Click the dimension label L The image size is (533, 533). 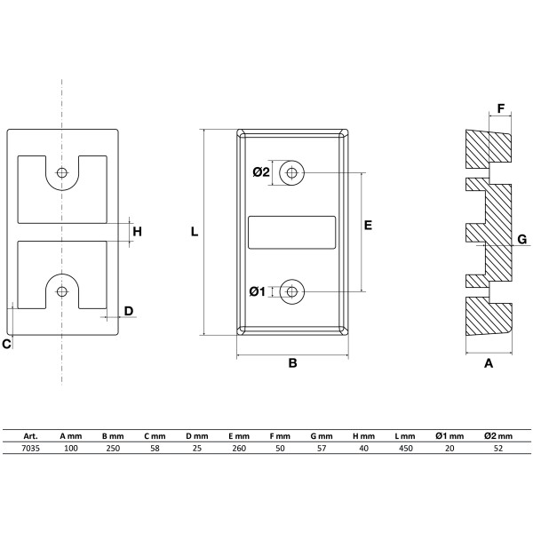194,232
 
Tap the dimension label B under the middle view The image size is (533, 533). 292,363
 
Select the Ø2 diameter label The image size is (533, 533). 261,172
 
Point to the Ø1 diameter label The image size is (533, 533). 258,291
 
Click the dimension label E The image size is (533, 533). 368,226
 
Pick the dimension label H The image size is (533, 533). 137,232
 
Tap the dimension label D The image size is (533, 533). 129,311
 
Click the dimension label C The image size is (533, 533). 6,344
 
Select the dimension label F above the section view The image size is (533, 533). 501,108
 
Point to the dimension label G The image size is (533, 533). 521,239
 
